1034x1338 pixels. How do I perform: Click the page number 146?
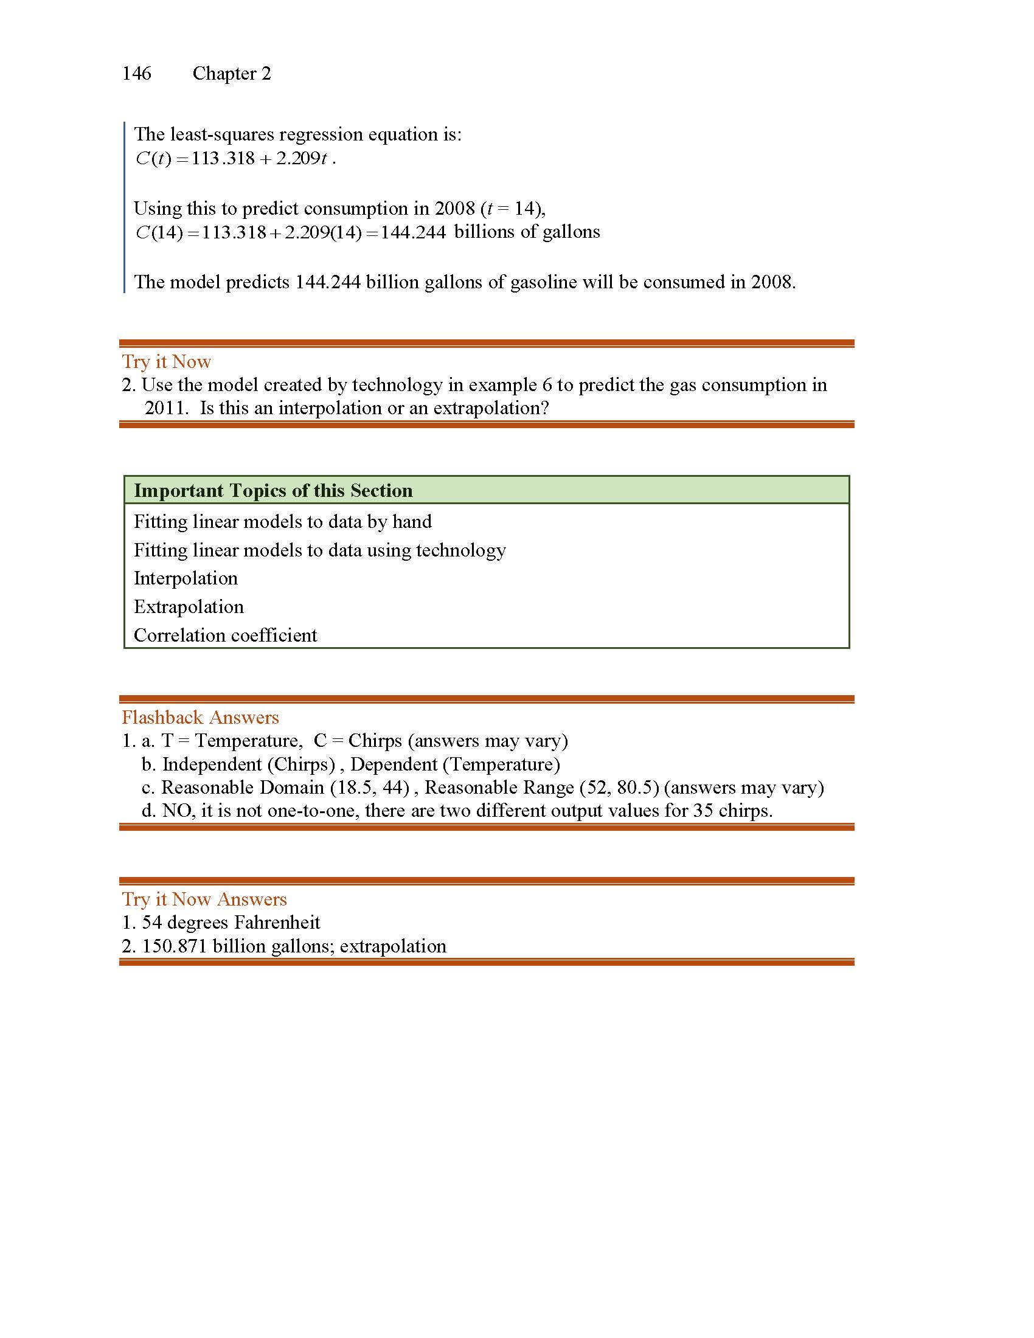[137, 74]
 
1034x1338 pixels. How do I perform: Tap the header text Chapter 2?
[232, 74]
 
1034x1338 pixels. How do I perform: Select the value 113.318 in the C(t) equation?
[223, 159]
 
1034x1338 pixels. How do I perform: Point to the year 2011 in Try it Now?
[166, 408]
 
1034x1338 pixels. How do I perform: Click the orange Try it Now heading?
[166, 361]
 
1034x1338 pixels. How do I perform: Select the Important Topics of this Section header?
[273, 491]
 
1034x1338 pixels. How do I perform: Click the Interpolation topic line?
[186, 578]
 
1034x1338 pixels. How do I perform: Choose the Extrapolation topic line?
[189, 606]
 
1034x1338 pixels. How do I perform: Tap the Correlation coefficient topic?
[226, 636]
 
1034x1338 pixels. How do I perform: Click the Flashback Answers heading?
[200, 718]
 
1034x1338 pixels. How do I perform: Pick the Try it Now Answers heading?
[204, 900]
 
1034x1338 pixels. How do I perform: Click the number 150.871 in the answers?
[175, 946]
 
